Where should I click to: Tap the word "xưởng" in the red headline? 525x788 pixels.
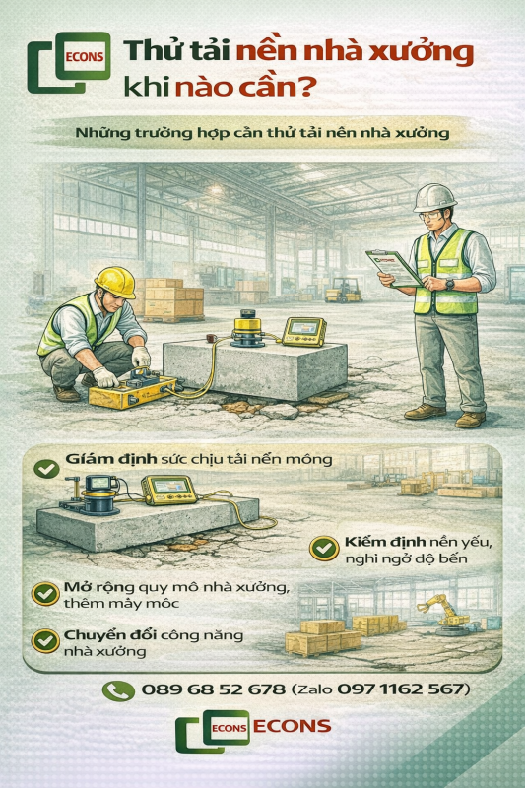(x=425, y=50)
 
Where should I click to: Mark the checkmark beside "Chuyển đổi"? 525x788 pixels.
(x=45, y=640)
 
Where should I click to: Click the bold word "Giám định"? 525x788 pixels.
(x=105, y=459)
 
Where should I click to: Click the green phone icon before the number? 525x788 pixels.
(x=118, y=690)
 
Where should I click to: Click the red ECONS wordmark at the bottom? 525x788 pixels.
(x=292, y=727)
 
